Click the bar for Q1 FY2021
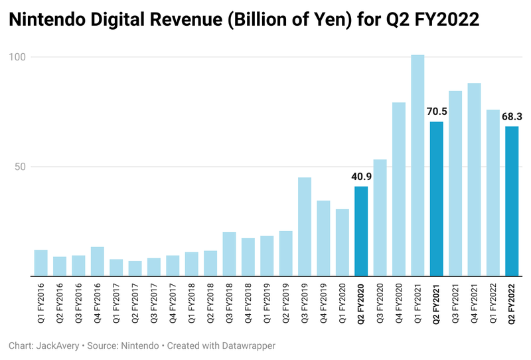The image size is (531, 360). [417, 165]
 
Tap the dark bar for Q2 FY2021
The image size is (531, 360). [436, 199]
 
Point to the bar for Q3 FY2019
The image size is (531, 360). [305, 226]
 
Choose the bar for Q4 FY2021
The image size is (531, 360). [474, 179]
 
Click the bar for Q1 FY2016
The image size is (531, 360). [41, 263]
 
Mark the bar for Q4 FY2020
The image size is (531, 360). [399, 189]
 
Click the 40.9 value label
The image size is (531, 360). [361, 177]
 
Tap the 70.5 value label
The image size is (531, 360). [436, 112]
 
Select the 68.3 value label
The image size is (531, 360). [512, 117]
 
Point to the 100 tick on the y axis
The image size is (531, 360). [17, 57]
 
